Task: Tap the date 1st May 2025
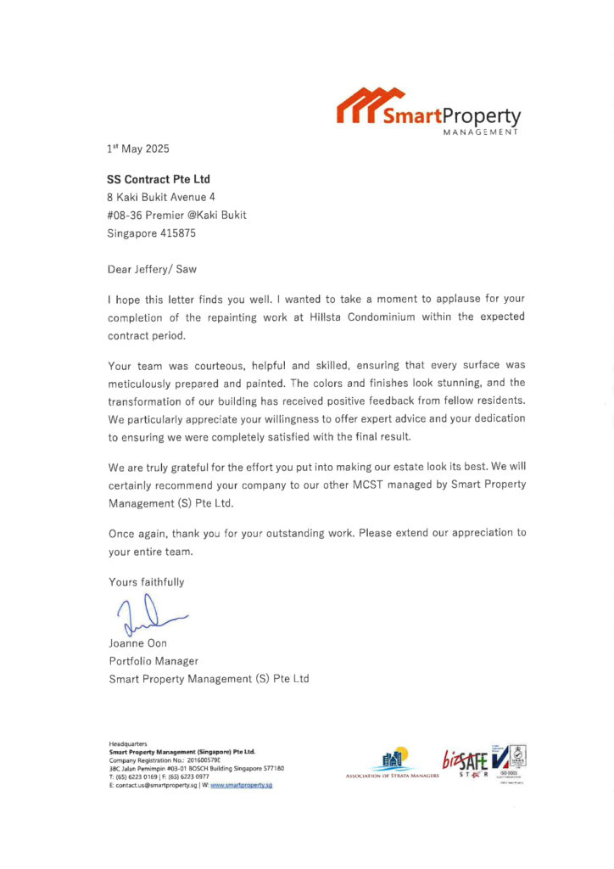coord(138,149)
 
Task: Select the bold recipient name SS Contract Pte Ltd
coord(159,179)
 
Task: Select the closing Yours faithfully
coord(146,582)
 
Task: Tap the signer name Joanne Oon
coord(137,644)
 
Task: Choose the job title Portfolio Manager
coord(153,661)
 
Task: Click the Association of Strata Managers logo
coord(393,765)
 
